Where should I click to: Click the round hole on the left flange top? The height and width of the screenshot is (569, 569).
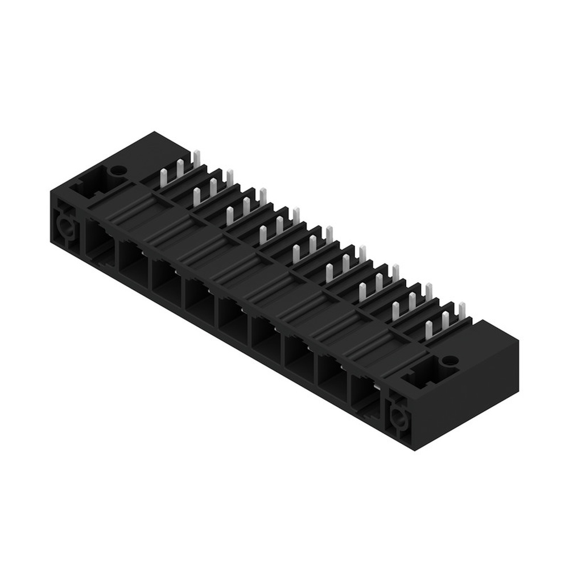coord(118,170)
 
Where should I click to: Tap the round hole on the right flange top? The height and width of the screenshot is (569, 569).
coord(450,360)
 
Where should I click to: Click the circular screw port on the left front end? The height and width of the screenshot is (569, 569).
coord(64,229)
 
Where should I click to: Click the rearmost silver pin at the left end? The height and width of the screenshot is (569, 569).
coord(196,156)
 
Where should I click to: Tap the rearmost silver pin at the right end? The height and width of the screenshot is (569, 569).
coord(461,311)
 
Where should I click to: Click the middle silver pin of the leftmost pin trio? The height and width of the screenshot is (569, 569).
coord(180,166)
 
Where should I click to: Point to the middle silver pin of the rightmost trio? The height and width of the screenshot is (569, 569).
coord(446,320)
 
